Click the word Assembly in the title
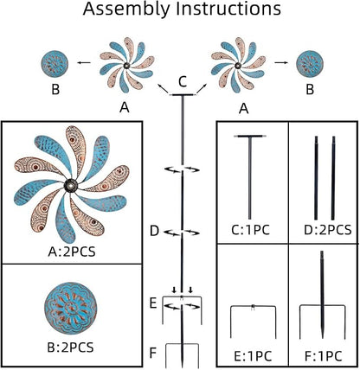tap(127, 10)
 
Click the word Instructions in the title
tap(229, 9)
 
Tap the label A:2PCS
tap(72, 252)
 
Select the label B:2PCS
tap(70, 348)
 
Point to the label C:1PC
tap(250, 230)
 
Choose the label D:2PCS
tap(328, 230)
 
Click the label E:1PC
tap(253, 356)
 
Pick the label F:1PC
tap(324, 356)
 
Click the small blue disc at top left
tap(55, 63)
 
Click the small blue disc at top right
tap(310, 63)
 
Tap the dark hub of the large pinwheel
tap(71, 186)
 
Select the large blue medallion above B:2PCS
tap(71, 309)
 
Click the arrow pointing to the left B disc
tap(83, 62)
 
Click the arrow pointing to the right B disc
tap(281, 62)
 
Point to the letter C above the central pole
tap(183, 81)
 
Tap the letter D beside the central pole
tap(155, 231)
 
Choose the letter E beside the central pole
tap(153, 303)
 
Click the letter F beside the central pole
tap(153, 353)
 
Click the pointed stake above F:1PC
tap(322, 294)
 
